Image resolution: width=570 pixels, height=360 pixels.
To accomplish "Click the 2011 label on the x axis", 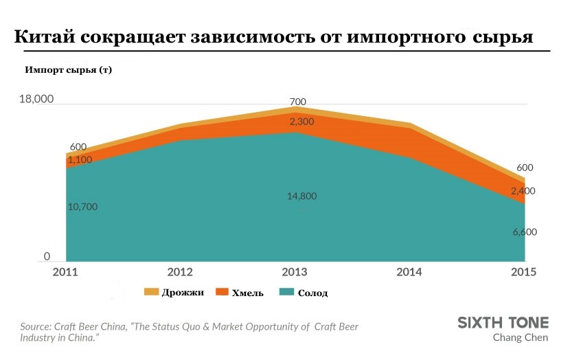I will tap(65, 271).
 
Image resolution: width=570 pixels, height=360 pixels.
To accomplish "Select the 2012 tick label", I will tap(180, 271).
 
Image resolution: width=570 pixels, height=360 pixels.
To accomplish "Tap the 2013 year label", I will tap(295, 271).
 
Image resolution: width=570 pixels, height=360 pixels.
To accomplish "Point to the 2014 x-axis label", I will tap(410, 271).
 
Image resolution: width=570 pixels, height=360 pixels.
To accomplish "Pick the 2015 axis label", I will tap(524, 271).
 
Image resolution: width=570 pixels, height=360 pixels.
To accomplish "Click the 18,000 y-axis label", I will tap(36, 99).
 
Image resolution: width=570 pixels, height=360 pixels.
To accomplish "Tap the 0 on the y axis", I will tap(47, 256).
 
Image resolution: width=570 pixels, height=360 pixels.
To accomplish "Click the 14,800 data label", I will tap(302, 196).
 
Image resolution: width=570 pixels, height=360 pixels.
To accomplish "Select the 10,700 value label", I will tap(84, 207).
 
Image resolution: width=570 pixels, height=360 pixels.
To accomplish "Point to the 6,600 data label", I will tap(525, 232).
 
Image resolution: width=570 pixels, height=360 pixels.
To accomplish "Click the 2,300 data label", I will tap(301, 122).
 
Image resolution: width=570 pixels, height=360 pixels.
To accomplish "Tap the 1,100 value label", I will tap(80, 159).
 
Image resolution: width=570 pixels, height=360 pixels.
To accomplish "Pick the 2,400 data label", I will tap(523, 191).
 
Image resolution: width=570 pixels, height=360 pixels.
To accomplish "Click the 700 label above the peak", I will tap(298, 102).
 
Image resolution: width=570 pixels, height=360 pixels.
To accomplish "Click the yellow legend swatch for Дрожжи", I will tap(151, 292).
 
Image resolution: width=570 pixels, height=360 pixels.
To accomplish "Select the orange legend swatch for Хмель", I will tap(223, 292).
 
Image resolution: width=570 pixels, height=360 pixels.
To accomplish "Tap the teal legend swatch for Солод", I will tap(287, 292).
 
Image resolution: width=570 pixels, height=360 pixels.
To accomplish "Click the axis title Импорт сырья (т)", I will tap(68, 70).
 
